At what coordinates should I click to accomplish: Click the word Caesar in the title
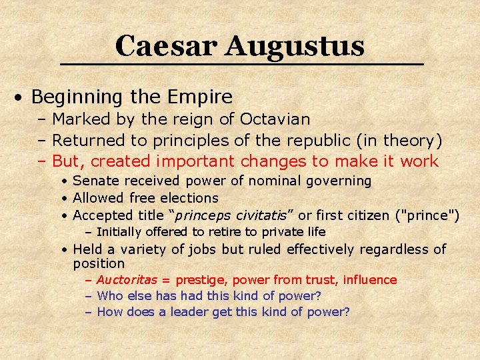point(166,46)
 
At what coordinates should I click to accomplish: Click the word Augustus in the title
point(295,46)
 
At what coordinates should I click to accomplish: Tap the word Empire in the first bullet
point(199,97)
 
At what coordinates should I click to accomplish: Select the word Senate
point(93,181)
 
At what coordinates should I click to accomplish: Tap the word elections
point(193,198)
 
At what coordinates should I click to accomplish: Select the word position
point(99,264)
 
